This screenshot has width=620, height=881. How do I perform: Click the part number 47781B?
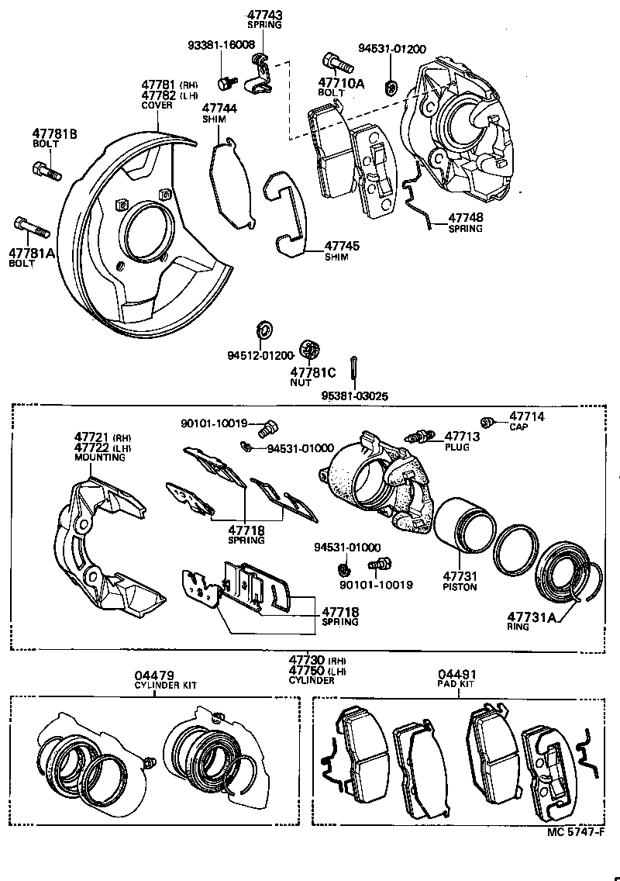coord(54,134)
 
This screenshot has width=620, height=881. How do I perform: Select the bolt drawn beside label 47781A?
coord(32,228)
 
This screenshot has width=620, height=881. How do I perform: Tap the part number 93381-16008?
coord(221,45)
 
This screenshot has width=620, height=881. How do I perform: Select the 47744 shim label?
coord(219,109)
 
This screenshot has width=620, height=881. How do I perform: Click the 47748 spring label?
coord(464,218)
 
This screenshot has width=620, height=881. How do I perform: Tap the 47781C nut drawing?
coord(314,349)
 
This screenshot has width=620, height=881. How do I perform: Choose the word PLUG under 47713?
coord(456,447)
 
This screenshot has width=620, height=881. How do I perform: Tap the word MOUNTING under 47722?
coord(99,458)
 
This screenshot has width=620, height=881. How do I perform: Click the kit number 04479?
coord(154,675)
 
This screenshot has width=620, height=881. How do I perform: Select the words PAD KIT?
coord(456,685)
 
